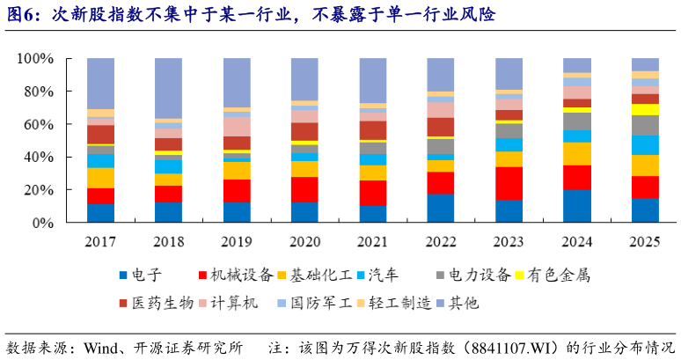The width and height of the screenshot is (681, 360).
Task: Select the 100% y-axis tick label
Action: coord(35,58)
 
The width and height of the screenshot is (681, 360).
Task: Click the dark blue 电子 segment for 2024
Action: coord(577,206)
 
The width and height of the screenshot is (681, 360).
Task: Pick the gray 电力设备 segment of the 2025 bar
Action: coord(645,125)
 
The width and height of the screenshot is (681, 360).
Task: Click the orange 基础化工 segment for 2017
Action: coord(100,177)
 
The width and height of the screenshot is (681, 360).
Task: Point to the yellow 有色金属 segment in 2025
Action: coord(645,109)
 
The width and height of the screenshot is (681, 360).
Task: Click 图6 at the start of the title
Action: coord(22,15)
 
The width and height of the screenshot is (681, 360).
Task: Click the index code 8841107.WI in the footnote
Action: coord(502,345)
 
